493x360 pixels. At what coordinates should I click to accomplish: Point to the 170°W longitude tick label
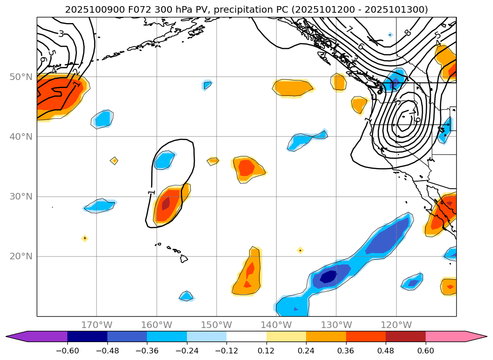(97, 325)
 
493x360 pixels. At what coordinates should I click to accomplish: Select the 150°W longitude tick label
(217, 325)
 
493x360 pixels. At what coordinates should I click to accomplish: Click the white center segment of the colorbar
(246, 336)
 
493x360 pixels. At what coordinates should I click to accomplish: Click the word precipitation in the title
(248, 9)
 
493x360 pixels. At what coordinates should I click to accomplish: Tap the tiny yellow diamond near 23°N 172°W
(85, 238)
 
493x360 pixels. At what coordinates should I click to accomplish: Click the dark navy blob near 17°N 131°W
(328, 277)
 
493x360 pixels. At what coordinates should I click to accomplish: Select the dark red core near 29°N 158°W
(166, 204)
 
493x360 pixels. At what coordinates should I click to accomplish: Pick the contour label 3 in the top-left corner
(61, 33)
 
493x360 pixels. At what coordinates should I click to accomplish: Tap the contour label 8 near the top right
(407, 32)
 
